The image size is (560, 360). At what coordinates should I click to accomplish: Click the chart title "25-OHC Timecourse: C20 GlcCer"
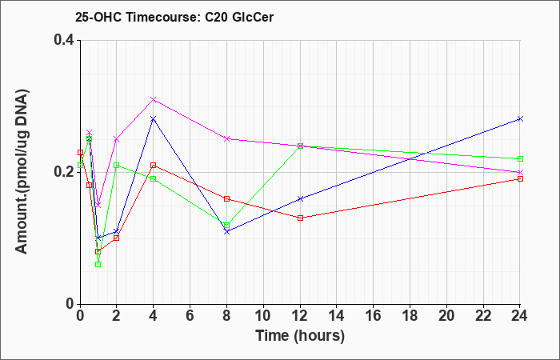tap(174, 17)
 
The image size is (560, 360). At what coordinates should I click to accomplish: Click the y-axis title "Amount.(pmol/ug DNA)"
tap(22, 172)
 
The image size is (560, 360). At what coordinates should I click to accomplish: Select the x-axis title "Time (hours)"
tap(300, 336)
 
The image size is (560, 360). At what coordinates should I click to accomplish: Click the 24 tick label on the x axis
tap(520, 316)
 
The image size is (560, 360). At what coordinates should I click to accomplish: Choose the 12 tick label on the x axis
tap(300, 316)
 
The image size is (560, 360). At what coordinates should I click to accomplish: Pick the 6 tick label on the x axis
tap(190, 316)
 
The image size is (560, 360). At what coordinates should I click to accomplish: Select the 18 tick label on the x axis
tap(410, 316)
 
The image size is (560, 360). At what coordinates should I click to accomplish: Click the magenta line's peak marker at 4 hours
tap(154, 99)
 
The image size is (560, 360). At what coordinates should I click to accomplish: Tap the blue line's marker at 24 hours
tap(520, 119)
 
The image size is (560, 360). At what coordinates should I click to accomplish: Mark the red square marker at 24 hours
tap(520, 178)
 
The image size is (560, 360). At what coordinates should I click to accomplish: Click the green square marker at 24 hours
tap(520, 159)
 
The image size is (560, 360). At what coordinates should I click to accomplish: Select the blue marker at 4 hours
tap(154, 119)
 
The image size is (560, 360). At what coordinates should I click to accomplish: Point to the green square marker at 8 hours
tap(226, 226)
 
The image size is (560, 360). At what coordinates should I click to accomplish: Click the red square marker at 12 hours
tap(300, 218)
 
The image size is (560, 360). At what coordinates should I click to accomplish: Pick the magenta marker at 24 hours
tap(520, 172)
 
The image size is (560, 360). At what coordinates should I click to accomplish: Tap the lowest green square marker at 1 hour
tap(98, 264)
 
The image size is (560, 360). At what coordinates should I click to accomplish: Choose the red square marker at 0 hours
tap(80, 153)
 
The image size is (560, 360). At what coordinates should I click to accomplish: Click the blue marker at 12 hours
tap(300, 198)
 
